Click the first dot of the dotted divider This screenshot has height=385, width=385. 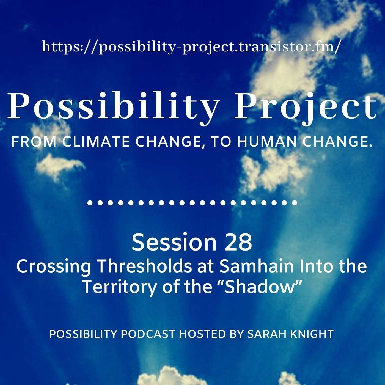tap(90, 203)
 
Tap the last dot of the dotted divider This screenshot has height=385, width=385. tap(294, 203)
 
